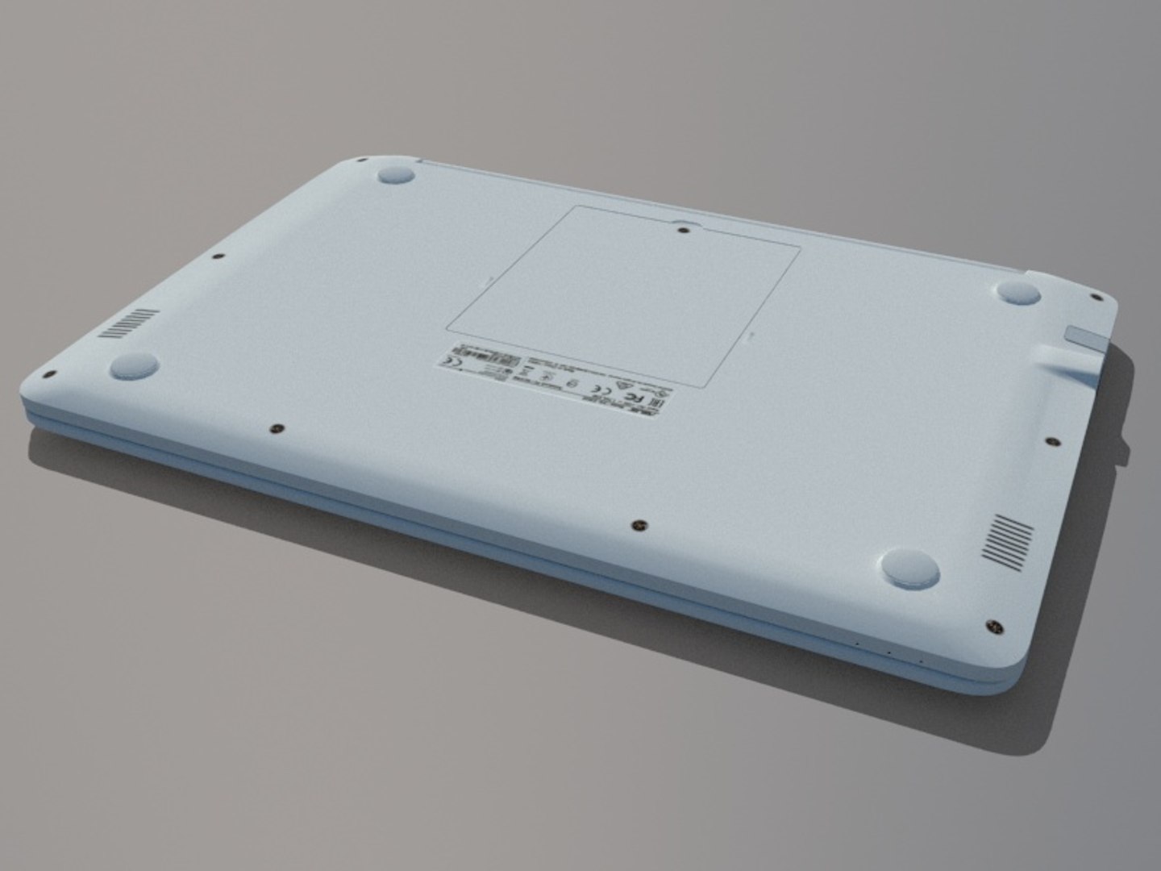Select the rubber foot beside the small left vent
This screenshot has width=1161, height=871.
click(134, 366)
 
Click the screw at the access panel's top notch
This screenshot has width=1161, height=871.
click(684, 230)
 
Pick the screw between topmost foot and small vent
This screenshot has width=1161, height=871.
click(218, 258)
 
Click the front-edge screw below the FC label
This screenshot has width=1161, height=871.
click(639, 524)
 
